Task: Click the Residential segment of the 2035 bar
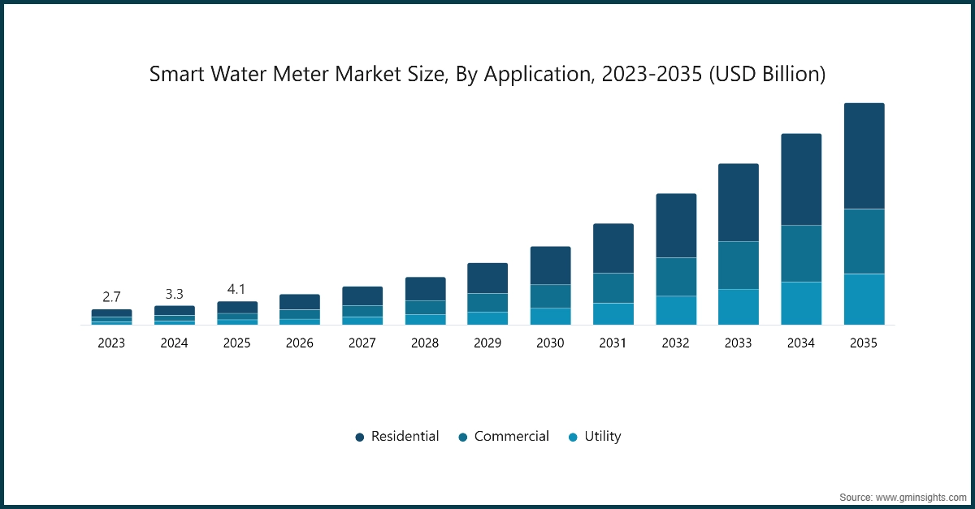(864, 156)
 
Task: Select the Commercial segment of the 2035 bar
(864, 241)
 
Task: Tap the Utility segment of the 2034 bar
(801, 303)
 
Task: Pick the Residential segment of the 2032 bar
(676, 226)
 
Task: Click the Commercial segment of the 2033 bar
(739, 265)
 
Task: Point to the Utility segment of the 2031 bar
(613, 313)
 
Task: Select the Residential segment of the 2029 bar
(487, 278)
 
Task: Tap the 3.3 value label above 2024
(174, 292)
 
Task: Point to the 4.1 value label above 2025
(236, 288)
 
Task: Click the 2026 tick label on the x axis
(300, 343)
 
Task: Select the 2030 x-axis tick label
(550, 343)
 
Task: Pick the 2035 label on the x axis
(864, 343)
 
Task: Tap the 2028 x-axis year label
(425, 343)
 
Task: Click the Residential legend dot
(360, 437)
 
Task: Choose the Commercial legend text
(511, 436)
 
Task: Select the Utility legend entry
(602, 436)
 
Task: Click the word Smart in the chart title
(174, 75)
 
